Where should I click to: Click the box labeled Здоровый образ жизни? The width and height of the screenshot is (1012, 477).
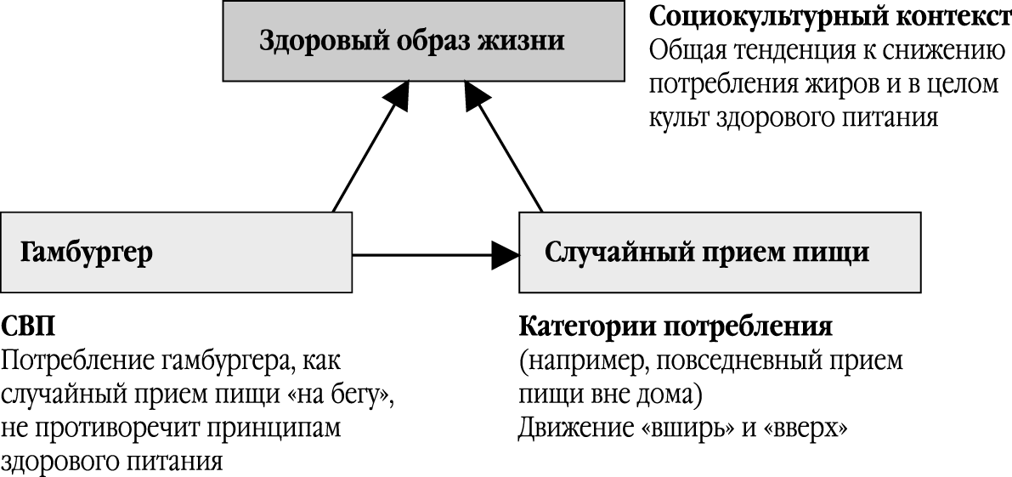(411, 42)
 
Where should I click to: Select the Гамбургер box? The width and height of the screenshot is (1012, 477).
(176, 253)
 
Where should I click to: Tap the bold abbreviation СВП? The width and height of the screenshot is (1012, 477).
(29, 327)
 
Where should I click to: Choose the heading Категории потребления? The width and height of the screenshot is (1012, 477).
(675, 327)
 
